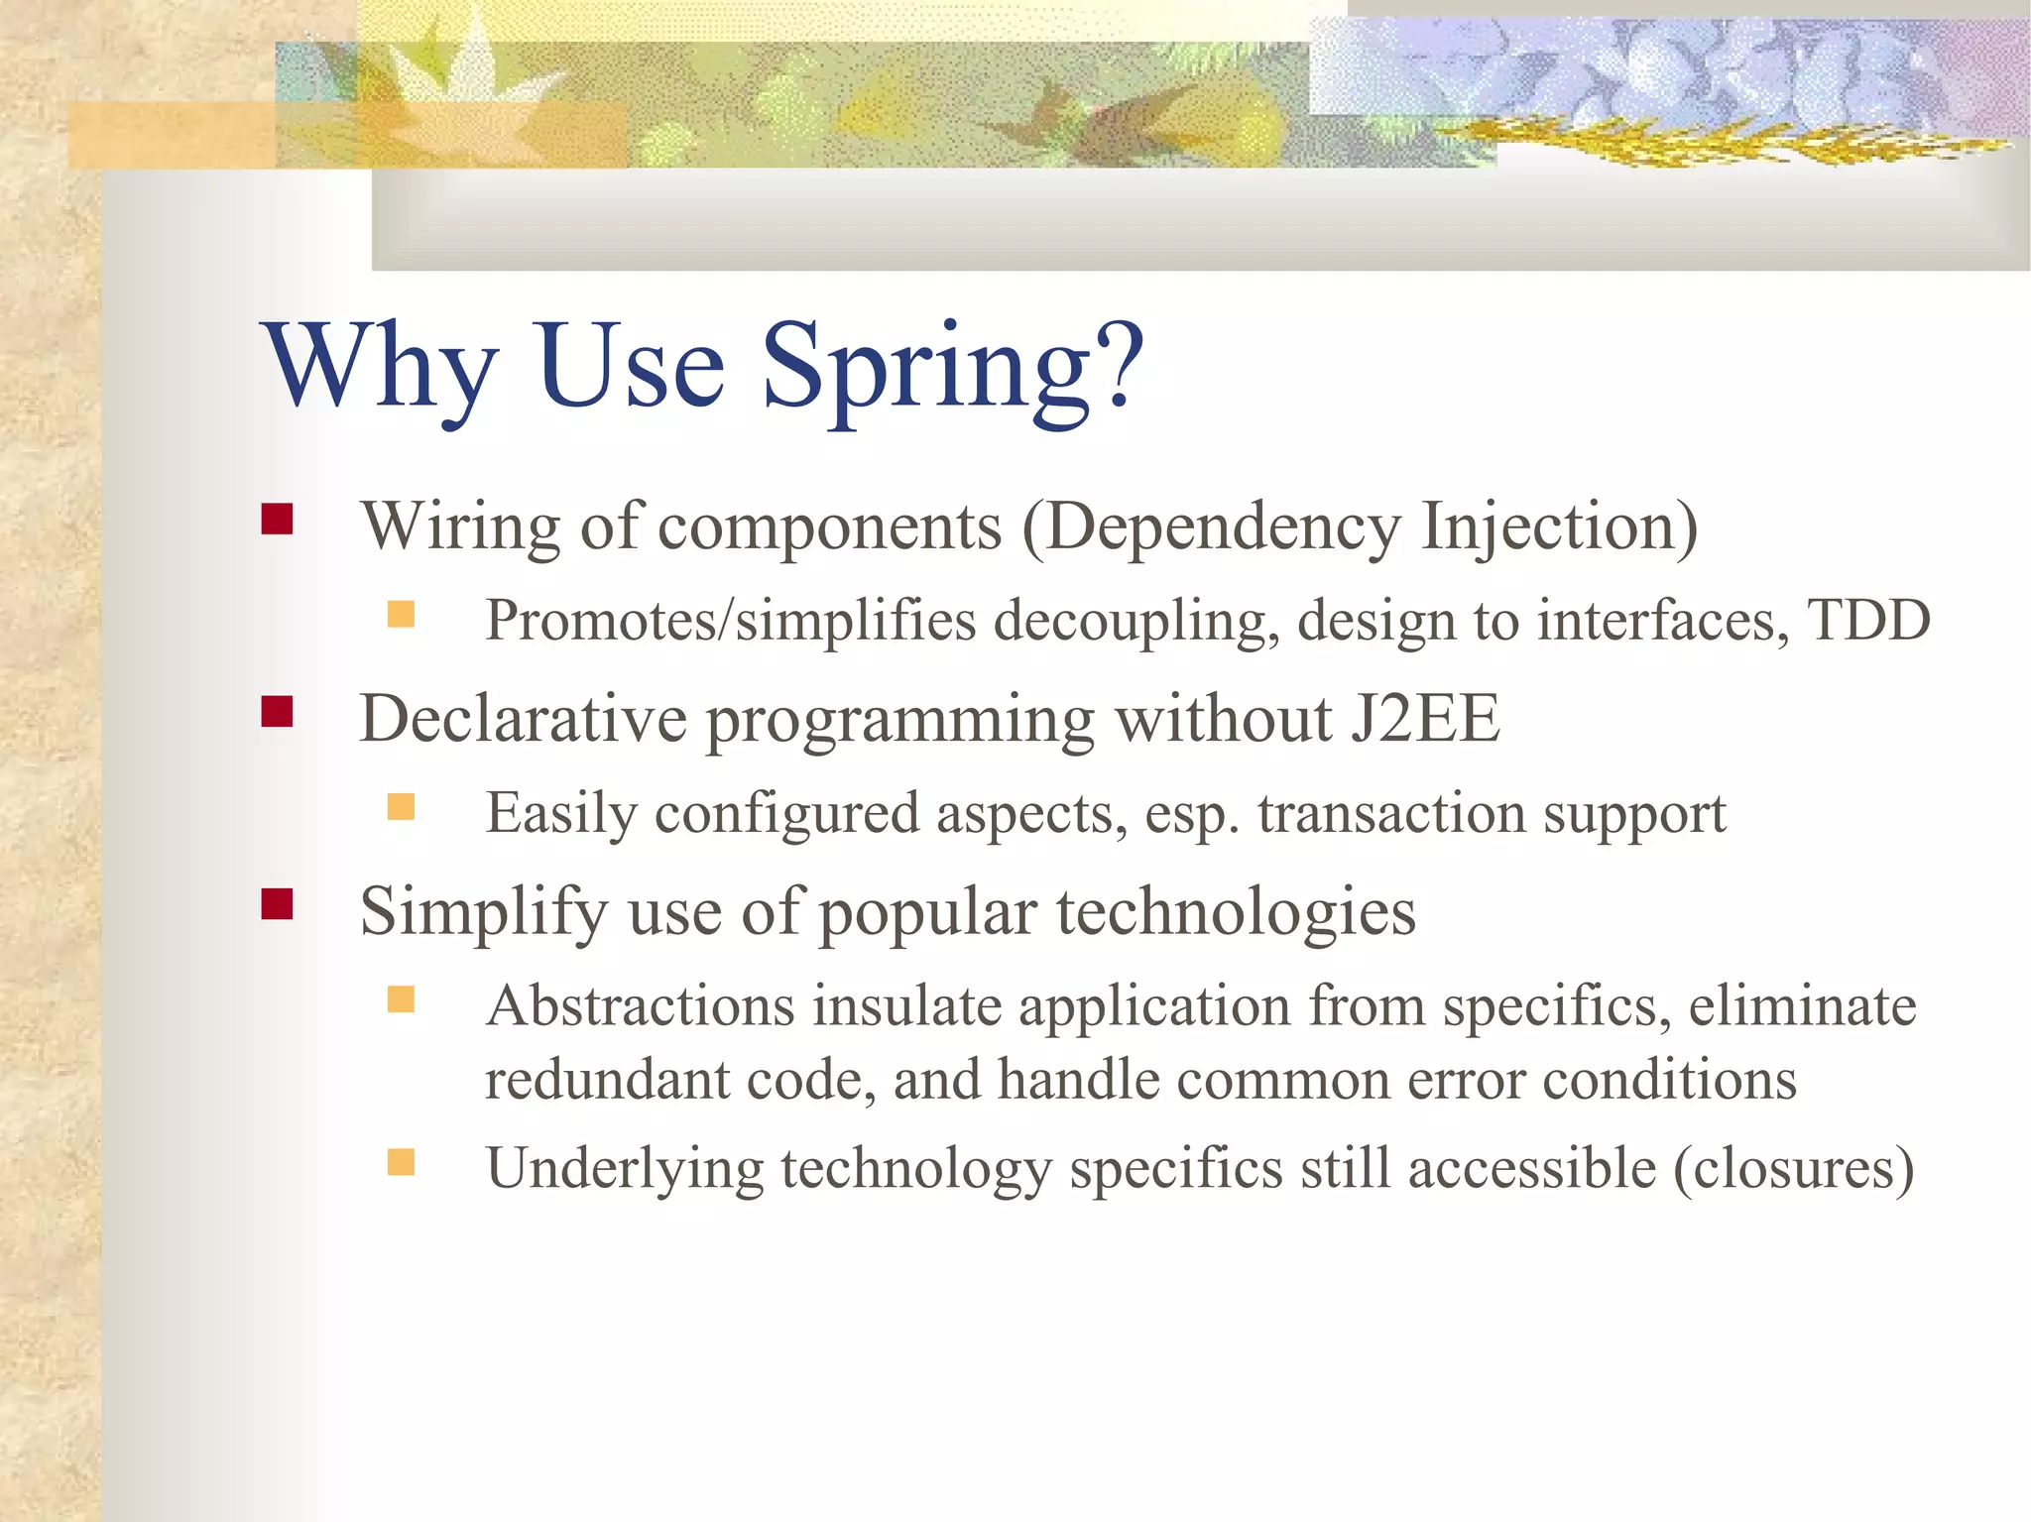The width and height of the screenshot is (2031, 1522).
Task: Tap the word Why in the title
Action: click(x=379, y=369)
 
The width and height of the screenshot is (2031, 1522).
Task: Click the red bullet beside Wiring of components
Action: click(x=277, y=520)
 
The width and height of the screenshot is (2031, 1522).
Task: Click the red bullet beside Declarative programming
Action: click(x=277, y=712)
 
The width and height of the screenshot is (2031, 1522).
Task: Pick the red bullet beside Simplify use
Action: click(x=277, y=904)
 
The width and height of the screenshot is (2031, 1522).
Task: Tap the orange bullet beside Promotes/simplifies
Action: click(x=401, y=615)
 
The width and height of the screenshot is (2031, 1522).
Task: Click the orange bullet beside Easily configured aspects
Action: click(x=401, y=807)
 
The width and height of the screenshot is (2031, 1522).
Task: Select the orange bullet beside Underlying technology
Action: click(x=401, y=1162)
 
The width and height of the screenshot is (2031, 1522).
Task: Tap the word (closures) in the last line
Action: click(x=1793, y=1168)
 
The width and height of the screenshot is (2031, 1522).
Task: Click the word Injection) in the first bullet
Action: click(x=1559, y=527)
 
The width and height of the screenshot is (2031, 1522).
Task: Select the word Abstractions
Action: click(x=641, y=1005)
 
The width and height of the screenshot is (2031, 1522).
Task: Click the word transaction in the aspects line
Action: click(x=1391, y=813)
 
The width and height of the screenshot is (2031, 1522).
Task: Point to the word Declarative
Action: click(x=523, y=718)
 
